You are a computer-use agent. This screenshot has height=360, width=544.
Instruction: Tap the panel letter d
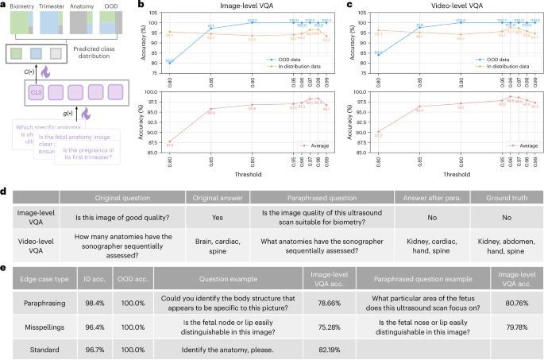(5, 193)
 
